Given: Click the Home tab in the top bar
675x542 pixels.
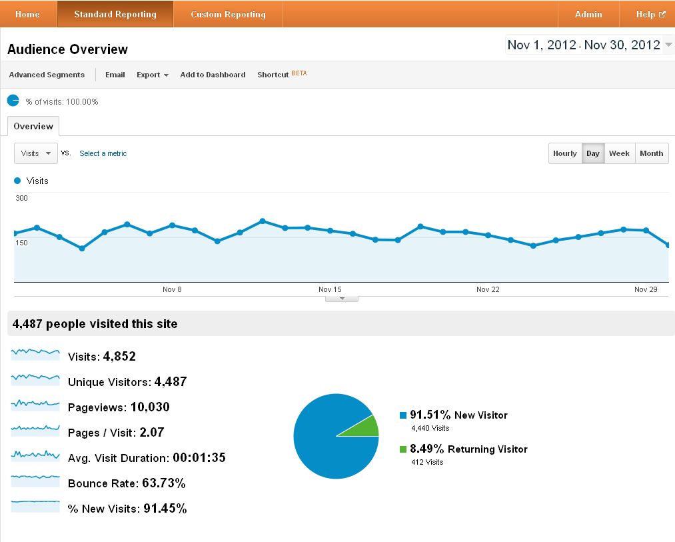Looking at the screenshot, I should click(x=27, y=14).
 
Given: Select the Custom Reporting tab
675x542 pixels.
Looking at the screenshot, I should click(x=228, y=14).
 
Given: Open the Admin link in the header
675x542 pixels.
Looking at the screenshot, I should click(x=588, y=14).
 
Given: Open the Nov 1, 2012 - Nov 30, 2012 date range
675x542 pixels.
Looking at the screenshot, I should click(x=589, y=45).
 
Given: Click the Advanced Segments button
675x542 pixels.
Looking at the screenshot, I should click(x=47, y=75).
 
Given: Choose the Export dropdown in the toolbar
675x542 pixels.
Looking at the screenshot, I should click(x=152, y=75).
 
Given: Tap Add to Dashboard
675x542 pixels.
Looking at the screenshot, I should click(x=213, y=75).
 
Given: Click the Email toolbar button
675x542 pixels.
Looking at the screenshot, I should click(x=115, y=75).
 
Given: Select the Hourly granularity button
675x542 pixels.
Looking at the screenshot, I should click(x=564, y=153).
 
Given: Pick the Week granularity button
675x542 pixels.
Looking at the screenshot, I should click(x=619, y=153).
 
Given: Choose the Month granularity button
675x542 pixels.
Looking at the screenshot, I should click(x=651, y=153).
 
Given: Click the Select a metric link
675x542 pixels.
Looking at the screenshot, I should click(x=103, y=153).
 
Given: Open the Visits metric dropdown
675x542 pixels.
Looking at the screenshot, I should click(x=36, y=153).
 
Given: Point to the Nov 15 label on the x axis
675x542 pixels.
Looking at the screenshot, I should click(x=330, y=289).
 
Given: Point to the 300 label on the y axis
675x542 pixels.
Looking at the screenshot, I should click(x=21, y=198).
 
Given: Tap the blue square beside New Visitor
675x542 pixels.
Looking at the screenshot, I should click(x=403, y=415).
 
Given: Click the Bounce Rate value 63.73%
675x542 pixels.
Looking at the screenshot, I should click(x=163, y=483).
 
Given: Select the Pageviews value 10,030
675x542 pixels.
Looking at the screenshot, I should click(x=150, y=407).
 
